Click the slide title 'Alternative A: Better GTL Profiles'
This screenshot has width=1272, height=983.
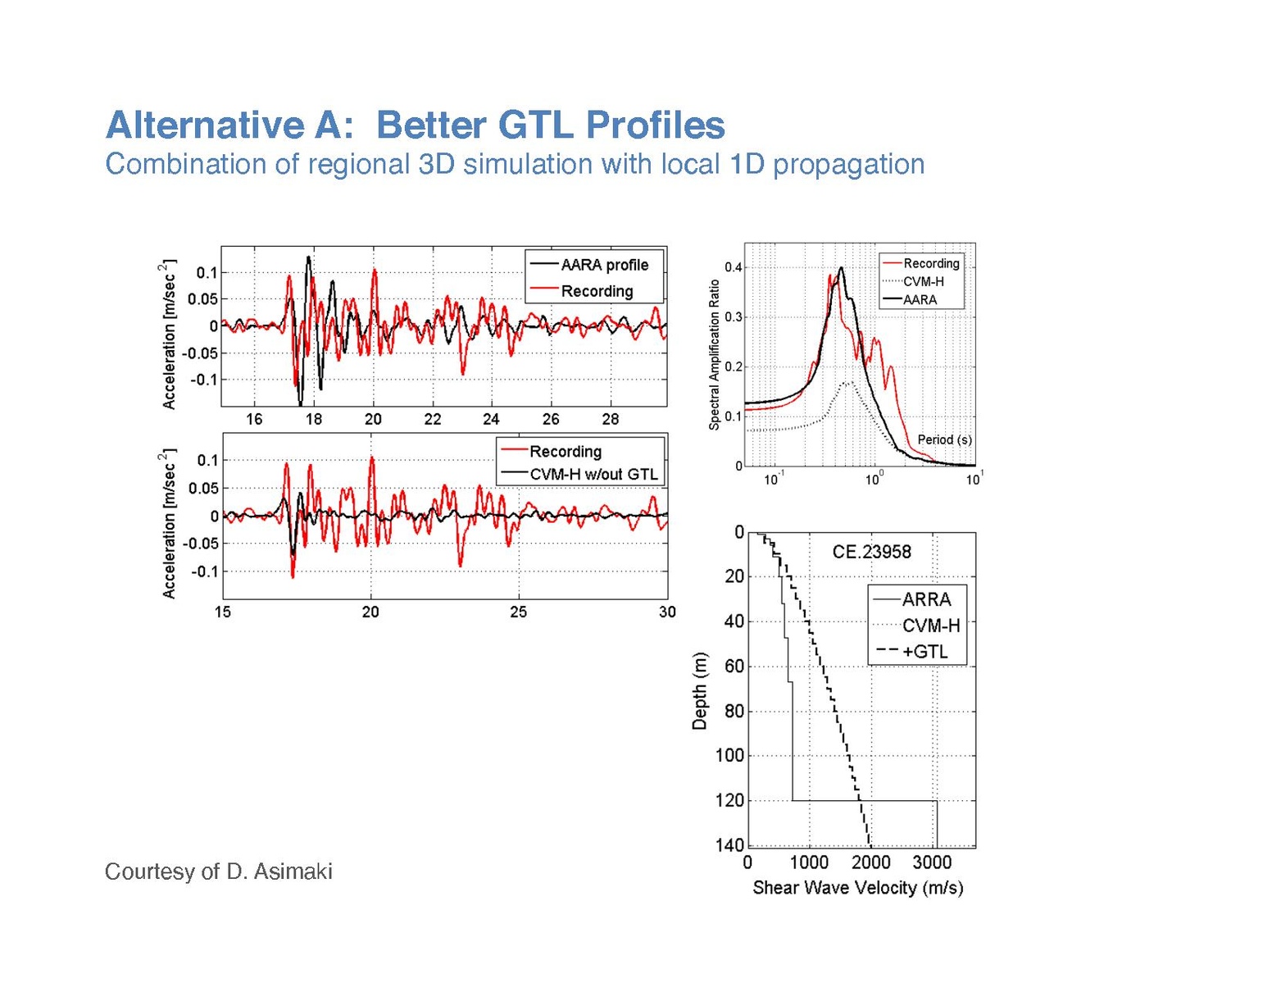[415, 125]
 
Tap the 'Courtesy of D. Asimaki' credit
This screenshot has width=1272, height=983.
[218, 871]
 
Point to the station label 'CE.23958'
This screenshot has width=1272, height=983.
[871, 552]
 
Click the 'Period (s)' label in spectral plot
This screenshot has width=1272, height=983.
[944, 439]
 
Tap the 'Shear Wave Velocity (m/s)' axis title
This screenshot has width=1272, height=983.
[857, 887]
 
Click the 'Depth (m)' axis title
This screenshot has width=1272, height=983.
[699, 691]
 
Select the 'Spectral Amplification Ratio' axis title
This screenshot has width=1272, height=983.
[714, 354]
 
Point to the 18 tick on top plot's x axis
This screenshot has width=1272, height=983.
[314, 419]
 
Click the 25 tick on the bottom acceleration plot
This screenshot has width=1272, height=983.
[519, 612]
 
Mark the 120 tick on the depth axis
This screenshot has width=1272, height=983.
[729, 800]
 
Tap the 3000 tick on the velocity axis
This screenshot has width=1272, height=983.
[932, 862]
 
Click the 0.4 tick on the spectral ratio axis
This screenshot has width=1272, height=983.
[733, 267]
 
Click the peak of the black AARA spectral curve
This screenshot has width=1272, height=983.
[841, 268]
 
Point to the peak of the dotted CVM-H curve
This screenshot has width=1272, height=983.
[849, 382]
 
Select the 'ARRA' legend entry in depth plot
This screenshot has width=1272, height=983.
[926, 599]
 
